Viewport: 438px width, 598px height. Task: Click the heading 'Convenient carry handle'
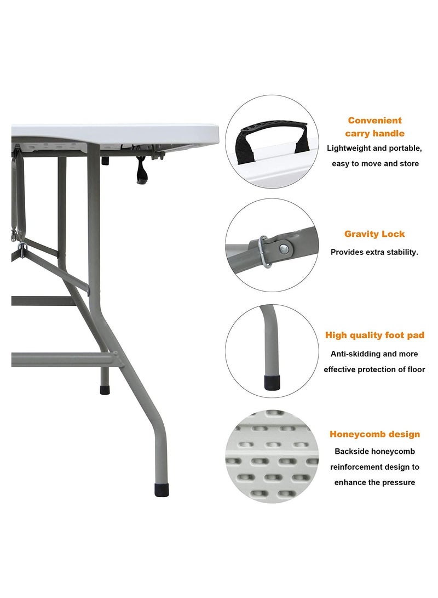pyautogui.click(x=374, y=127)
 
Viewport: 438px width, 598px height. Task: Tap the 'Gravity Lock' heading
pyautogui.click(x=374, y=234)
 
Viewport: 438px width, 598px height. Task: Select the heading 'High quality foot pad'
pyautogui.click(x=374, y=335)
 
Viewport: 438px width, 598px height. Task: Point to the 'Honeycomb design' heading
pyautogui.click(x=374, y=434)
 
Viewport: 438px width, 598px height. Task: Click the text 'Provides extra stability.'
pyautogui.click(x=374, y=252)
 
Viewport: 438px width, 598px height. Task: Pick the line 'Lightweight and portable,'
pyautogui.click(x=374, y=148)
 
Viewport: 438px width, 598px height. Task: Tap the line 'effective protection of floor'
pyautogui.click(x=374, y=369)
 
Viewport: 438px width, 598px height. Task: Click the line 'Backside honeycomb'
pyautogui.click(x=374, y=452)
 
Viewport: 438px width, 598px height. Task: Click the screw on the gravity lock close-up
pyautogui.click(x=283, y=249)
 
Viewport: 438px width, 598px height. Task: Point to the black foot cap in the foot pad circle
pyautogui.click(x=270, y=382)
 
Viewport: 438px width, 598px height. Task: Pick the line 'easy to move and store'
pyautogui.click(x=374, y=163)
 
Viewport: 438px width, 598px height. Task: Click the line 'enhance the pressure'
pyautogui.click(x=374, y=482)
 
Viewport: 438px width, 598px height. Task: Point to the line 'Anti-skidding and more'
pyautogui.click(x=374, y=354)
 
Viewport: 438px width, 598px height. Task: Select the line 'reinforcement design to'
pyautogui.click(x=374, y=467)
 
